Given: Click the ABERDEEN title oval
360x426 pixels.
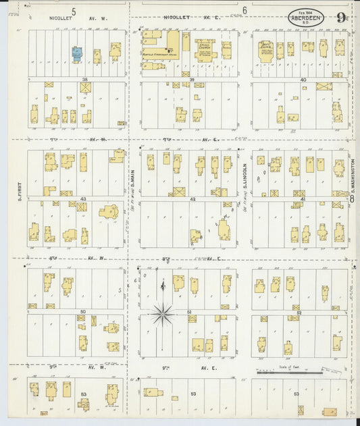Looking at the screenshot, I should coord(305,17).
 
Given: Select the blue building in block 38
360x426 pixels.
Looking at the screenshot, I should coord(77,53).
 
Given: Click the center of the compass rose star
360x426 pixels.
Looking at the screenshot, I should coord(163,312).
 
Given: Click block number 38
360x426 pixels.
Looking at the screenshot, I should coord(84,79).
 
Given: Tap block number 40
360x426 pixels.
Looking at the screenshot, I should coord(303,80).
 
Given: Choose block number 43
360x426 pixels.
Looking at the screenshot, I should coord(83,199).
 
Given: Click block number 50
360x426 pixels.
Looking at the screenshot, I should coord(83,312).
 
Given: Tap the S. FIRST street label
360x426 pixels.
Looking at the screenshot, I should coord(21,190).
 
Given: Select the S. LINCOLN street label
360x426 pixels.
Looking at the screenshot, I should coord(245,177).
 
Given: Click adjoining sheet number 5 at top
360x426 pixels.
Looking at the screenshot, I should coord(74,11).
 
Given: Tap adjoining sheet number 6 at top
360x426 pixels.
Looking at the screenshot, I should coord(244,11).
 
